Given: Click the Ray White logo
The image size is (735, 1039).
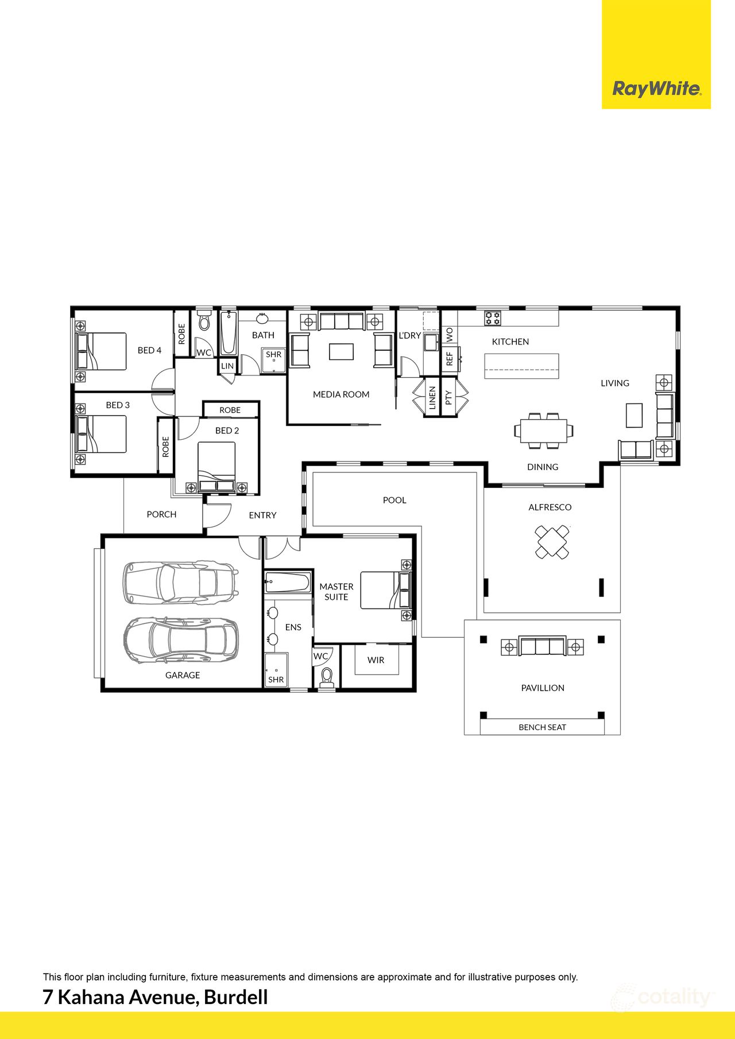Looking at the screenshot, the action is pos(656,88).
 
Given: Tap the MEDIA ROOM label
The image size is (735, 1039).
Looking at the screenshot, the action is pos(341,394).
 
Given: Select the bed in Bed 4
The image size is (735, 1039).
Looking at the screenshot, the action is pos(101,351).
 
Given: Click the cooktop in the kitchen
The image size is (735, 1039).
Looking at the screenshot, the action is pos(493,318).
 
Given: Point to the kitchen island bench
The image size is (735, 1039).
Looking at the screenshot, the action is pos(521,366).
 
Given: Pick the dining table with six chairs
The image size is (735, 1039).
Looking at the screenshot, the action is pos(544,430).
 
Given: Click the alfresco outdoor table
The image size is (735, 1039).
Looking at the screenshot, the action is pos(552,542).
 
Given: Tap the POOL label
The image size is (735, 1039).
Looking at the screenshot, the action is pos(394,500).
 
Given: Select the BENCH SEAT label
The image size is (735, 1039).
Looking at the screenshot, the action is pos(542,727).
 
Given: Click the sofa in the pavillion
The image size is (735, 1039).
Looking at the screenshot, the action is pos(542,646).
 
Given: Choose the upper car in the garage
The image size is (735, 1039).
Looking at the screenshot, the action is pos(180,582).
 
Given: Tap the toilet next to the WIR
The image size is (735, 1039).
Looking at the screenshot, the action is pos(327,677).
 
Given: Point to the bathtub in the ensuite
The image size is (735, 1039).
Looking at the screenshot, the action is pos(288,582).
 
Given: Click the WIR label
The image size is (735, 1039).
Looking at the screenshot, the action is pos(376,660).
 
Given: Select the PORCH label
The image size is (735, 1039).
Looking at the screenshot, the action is pos(161,514).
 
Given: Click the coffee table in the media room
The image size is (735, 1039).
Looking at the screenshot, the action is pos(341,351).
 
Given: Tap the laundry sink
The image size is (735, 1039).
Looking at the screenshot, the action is pos(431,343).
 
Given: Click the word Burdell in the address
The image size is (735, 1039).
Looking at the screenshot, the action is pos(236,997).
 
